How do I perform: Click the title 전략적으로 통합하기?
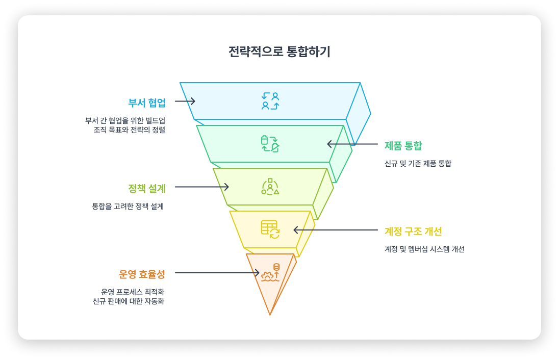pos(279,52)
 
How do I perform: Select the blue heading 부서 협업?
pos(147,102)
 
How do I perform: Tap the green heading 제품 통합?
pos(403,145)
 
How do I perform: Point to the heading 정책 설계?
pos(147,188)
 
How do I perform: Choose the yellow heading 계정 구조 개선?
pos(413,231)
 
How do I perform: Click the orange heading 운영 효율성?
pos(142,274)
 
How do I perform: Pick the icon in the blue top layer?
pos(270,101)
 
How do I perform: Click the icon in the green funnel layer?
pos(270,144)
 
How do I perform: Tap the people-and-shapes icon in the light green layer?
pos(270,187)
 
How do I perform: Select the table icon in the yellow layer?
pos(270,229)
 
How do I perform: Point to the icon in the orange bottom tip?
pos(270,273)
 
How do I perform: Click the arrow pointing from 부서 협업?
pos(185,101)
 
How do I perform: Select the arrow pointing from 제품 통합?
pos(352,144)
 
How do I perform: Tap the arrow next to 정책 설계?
pos(202,187)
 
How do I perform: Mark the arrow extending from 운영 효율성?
pos(217,273)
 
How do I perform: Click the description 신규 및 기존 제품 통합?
pos(418,164)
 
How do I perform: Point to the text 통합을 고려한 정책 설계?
pos(128,207)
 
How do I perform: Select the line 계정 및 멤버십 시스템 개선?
pos(424,249)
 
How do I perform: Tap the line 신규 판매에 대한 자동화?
pos(128,301)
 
